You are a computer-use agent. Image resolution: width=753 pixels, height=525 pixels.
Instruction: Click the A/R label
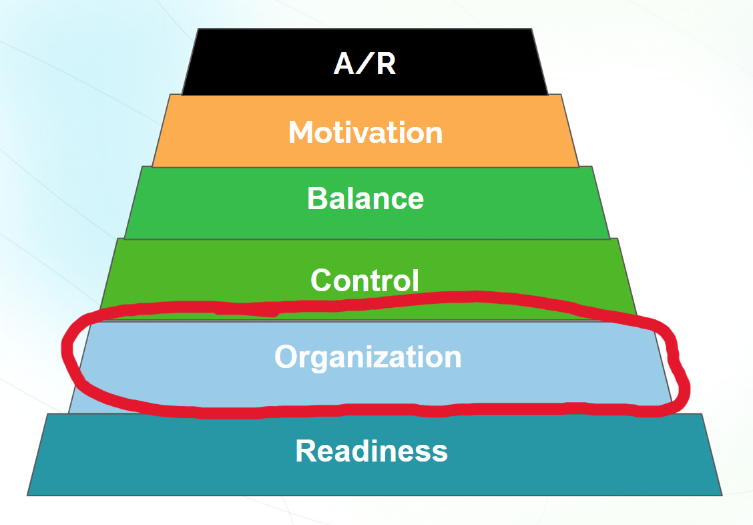(364, 63)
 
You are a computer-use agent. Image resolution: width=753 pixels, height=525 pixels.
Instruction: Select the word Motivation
(365, 132)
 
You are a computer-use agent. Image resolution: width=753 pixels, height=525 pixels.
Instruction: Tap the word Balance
(365, 198)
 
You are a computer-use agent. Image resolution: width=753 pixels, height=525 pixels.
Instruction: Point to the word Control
(365, 280)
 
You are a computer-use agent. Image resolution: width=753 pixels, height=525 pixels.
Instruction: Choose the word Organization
(368, 357)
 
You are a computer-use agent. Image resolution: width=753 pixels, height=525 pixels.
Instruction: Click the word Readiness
(371, 451)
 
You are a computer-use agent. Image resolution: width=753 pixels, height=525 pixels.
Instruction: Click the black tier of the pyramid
(254, 63)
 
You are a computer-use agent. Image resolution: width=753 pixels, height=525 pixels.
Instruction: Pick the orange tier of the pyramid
(220, 132)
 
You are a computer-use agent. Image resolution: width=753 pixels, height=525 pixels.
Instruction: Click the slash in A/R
(365, 63)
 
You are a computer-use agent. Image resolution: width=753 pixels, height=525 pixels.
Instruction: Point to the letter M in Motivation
(302, 132)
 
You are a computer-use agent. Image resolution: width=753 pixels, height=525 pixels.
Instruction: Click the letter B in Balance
(316, 198)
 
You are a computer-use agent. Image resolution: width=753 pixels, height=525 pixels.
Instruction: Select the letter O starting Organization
(285, 357)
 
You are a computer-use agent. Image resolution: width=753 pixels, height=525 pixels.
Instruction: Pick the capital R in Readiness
(306, 451)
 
